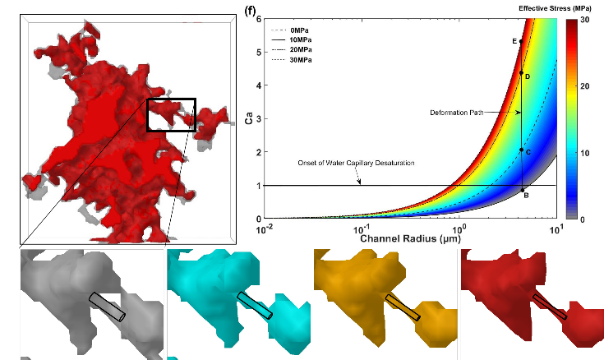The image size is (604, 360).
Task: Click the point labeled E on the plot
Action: click(x=522, y=41)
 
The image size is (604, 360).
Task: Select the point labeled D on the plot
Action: click(x=522, y=73)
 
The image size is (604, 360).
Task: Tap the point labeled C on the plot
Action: click(x=522, y=150)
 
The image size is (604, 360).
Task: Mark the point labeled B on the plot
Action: click(x=522, y=191)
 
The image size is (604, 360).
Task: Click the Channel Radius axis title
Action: click(x=408, y=239)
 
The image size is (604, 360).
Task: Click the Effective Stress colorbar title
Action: click(x=560, y=8)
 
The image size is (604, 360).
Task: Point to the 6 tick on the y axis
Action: click(x=258, y=19)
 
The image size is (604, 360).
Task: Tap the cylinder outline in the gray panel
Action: click(x=108, y=306)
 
